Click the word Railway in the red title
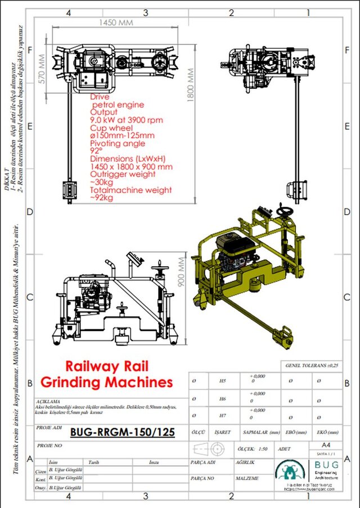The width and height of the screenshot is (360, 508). tap(92, 366)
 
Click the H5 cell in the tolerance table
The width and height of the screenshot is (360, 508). tap(223, 380)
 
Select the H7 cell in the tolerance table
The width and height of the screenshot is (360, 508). tap(223, 416)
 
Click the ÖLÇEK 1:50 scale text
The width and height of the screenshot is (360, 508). tap(254, 449)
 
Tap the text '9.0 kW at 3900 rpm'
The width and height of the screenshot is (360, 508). tap(127, 120)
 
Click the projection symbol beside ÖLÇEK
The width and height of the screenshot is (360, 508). tap(209, 449)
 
